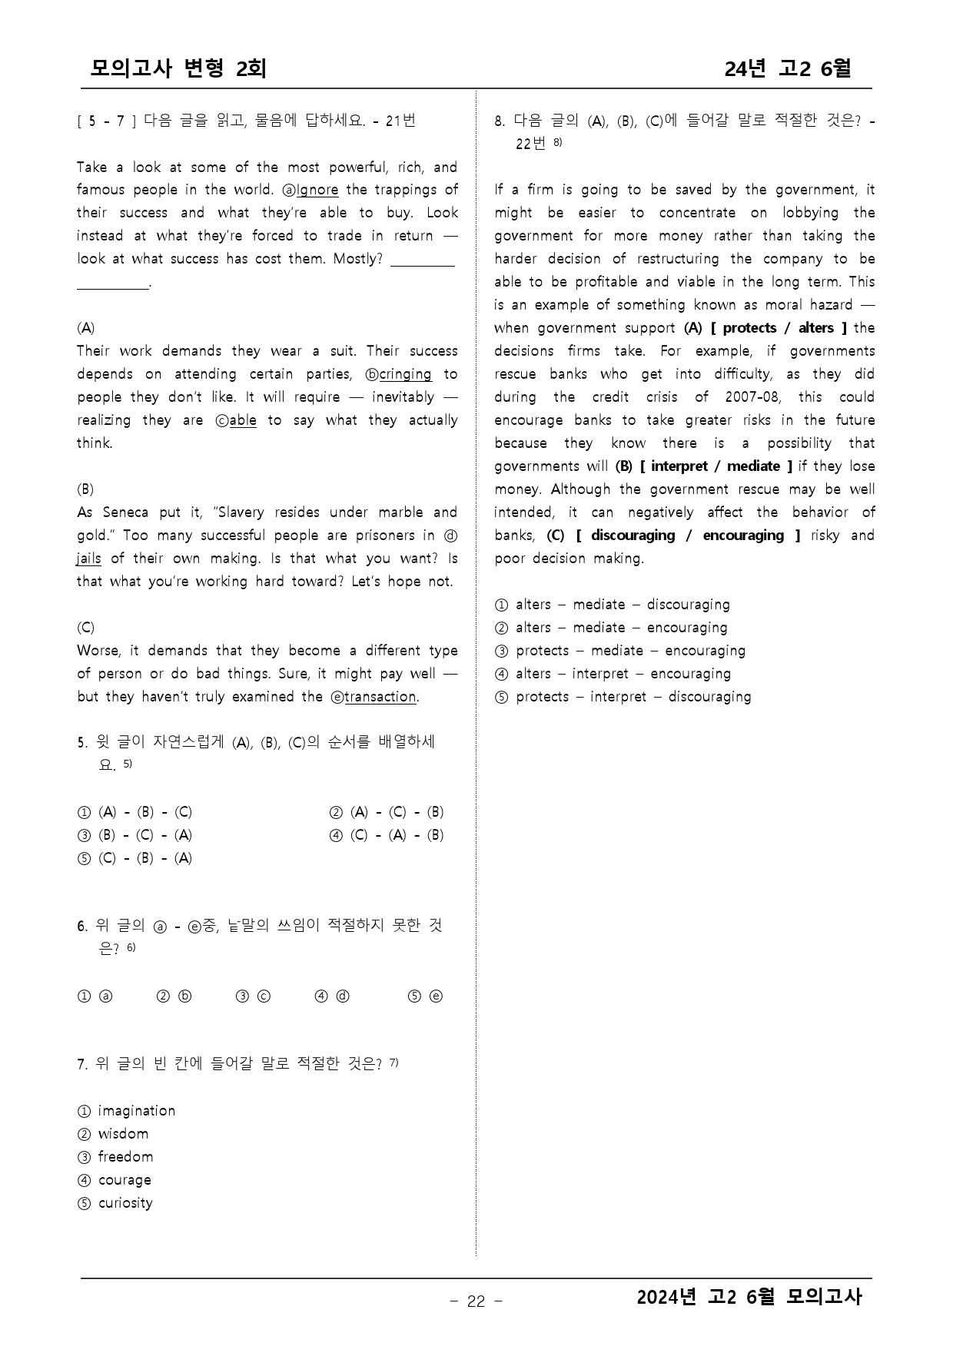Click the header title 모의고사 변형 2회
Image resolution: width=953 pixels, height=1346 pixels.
[178, 69]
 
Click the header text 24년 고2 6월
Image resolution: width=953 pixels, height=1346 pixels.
[787, 69]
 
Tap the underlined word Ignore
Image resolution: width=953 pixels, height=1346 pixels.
[317, 190]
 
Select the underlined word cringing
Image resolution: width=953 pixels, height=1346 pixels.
[405, 374]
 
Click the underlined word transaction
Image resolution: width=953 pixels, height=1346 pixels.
[380, 697]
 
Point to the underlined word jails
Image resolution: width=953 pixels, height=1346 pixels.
[89, 559]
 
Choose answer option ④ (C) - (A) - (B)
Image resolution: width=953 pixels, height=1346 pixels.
[387, 835]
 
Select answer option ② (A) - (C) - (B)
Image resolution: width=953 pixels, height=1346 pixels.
[387, 812]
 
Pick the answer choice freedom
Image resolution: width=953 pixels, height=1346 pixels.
[125, 1157]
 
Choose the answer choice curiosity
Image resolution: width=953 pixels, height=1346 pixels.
[125, 1203]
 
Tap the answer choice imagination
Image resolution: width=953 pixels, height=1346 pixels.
[136, 1111]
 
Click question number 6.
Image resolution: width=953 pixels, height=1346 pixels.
[82, 927]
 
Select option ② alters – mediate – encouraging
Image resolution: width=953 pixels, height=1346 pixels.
[612, 628]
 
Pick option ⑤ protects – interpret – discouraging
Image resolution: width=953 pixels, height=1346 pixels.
[623, 697]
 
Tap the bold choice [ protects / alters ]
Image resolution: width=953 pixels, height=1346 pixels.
[779, 328]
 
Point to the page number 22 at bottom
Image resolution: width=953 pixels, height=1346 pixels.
[476, 1301]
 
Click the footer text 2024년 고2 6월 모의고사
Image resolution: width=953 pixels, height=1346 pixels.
[749, 1298]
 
